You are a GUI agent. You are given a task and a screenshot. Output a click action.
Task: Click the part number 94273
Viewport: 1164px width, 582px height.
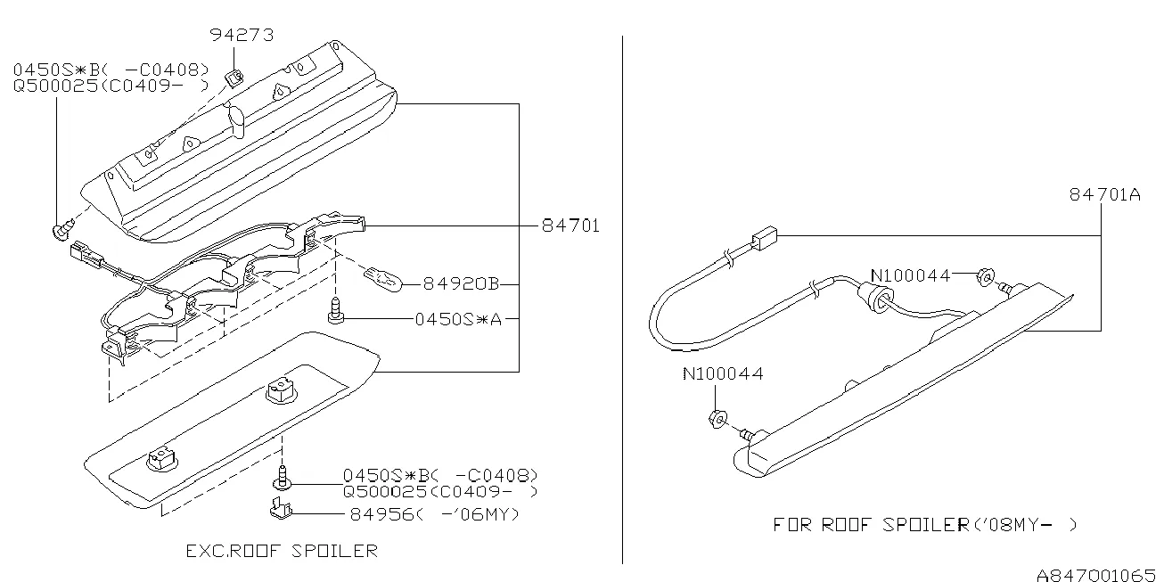tap(242, 35)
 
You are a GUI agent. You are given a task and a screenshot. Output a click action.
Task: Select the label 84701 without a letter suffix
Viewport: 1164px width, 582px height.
tap(570, 225)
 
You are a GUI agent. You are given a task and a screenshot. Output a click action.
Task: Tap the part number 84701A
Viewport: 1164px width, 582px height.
tap(1105, 194)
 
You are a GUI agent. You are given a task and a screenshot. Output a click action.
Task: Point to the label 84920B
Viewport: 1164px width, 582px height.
tap(461, 283)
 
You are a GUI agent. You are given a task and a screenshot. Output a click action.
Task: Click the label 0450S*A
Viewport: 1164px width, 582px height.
tap(458, 319)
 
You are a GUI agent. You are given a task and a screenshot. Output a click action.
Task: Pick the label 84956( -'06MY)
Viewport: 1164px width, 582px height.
tap(434, 514)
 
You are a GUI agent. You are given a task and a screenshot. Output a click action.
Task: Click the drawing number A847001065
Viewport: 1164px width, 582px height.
tap(1095, 575)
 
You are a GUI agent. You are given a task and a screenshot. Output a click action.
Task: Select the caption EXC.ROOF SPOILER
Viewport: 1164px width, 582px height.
tap(282, 551)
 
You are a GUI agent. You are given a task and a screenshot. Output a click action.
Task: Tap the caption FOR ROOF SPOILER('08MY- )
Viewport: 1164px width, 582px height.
tap(925, 525)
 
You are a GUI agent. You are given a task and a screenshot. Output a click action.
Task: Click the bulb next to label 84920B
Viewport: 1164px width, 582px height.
tap(384, 280)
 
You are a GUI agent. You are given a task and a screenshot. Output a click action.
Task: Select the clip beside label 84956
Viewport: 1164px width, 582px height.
tap(281, 508)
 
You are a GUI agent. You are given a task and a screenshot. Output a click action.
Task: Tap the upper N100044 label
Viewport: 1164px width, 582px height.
tap(910, 275)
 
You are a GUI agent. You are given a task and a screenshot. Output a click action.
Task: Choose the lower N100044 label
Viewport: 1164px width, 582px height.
tap(723, 373)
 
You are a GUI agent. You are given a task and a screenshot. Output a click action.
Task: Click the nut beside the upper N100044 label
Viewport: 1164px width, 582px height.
tap(986, 277)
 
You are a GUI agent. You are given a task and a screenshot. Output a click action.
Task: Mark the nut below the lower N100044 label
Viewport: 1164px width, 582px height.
tap(717, 418)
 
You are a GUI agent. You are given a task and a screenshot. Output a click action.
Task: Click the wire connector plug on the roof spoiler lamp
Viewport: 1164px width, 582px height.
tap(765, 239)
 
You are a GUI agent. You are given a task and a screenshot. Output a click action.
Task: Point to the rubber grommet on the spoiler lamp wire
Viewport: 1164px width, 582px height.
tap(876, 298)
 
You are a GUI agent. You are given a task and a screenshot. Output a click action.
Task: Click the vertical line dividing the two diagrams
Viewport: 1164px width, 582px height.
tap(622, 299)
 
